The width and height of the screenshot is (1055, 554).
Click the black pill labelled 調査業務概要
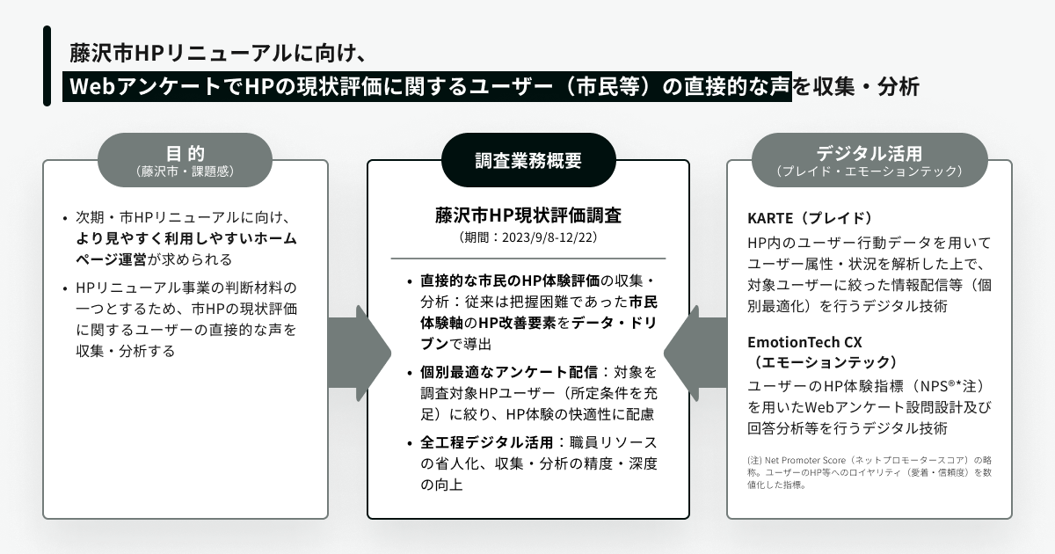click(527, 160)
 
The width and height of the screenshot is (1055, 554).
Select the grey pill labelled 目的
click(185, 159)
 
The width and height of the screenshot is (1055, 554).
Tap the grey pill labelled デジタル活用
click(869, 159)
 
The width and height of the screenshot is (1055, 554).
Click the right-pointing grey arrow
click(360, 352)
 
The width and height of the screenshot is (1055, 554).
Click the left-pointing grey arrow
click(695, 352)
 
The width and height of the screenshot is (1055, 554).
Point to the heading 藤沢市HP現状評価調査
click(527, 216)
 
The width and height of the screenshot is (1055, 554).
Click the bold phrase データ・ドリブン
click(615, 323)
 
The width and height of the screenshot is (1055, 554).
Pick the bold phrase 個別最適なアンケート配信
click(509, 372)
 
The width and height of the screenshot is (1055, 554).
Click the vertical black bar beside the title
click(47, 65)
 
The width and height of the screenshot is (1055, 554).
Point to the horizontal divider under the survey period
click(527, 258)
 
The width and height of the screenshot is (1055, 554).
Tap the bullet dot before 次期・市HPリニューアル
click(65, 217)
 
